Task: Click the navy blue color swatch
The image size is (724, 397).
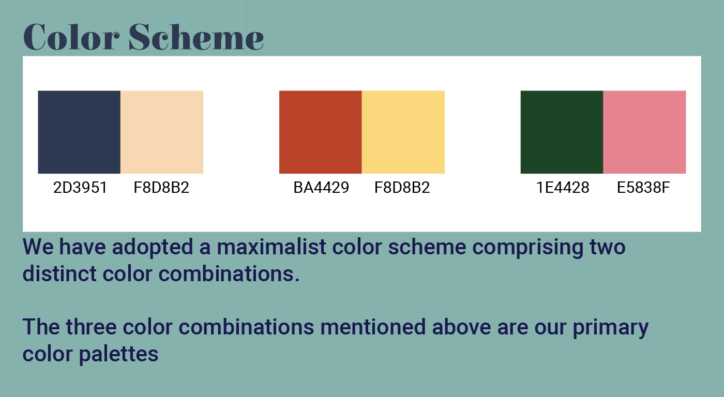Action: coord(79,132)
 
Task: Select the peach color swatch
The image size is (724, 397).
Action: coord(162,132)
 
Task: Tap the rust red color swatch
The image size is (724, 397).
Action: coord(320,132)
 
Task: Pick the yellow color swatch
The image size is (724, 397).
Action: coord(403,132)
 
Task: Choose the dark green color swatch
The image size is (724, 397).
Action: coord(562,132)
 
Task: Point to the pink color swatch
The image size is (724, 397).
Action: coord(644,132)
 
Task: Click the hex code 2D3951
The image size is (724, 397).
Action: coord(80,187)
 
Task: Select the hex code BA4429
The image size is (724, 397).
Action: coord(321,187)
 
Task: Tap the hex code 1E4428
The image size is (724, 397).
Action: coord(563,187)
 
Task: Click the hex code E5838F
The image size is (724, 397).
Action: coord(643,187)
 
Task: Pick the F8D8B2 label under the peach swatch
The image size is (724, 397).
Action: coord(161,187)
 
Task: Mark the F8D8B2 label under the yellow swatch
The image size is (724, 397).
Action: coord(402,187)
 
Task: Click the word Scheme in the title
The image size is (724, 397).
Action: coord(196,37)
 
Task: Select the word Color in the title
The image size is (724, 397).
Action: coord(71,37)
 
